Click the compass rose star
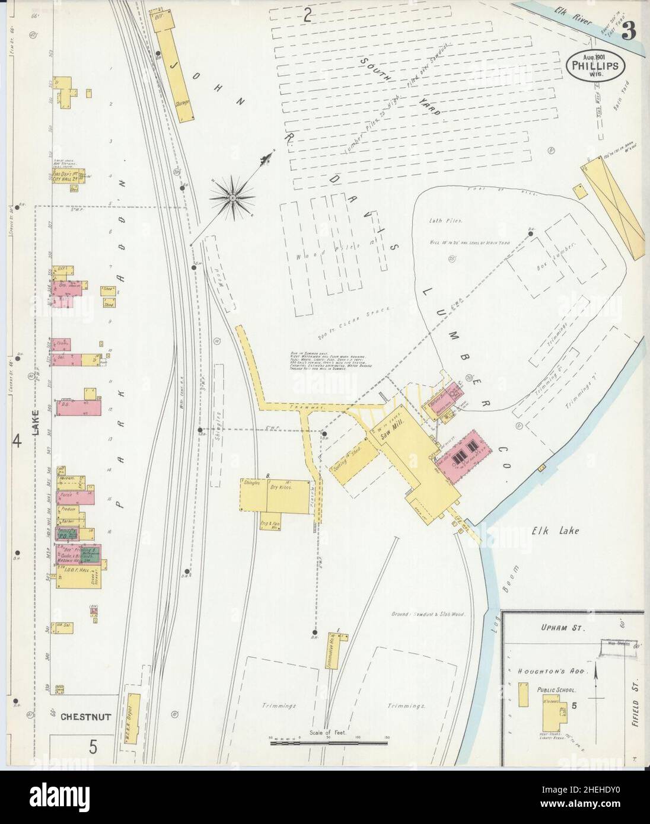point(233,196)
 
